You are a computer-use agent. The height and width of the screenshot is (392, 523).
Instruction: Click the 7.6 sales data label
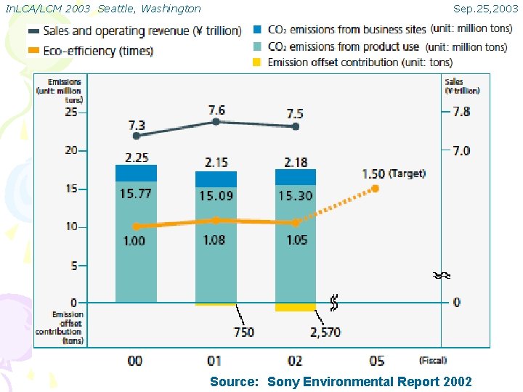(216, 110)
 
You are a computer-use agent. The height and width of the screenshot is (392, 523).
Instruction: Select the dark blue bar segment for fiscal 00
(136, 173)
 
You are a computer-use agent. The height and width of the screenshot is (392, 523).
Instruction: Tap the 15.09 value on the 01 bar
(216, 195)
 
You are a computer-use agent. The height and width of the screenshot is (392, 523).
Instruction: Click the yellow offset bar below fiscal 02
(295, 307)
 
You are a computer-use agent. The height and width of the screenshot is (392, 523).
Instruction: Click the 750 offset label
(243, 332)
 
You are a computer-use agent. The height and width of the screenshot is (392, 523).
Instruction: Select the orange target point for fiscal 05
(375, 188)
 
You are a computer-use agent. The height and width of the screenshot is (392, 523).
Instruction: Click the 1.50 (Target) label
(393, 173)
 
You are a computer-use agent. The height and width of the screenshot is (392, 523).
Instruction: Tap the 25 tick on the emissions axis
(71, 113)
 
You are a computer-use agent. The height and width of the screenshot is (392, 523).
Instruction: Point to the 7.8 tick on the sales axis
(461, 112)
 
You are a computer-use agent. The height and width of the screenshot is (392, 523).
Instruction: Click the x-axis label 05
(377, 361)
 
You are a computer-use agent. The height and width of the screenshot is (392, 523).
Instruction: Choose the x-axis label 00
(135, 361)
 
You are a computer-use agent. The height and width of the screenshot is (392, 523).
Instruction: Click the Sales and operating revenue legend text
(142, 30)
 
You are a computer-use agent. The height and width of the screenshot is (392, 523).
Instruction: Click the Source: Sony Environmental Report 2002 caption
(341, 382)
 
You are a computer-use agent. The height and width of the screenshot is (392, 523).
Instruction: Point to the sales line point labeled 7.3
(137, 135)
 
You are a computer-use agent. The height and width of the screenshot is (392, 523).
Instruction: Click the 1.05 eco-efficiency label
(296, 240)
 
